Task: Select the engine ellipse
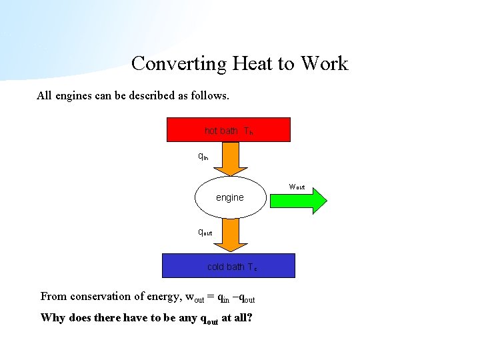[230, 197]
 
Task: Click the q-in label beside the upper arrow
[203, 157]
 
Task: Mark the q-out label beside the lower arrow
[205, 233]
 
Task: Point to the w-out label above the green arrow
[297, 186]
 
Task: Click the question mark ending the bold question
[249, 317]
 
